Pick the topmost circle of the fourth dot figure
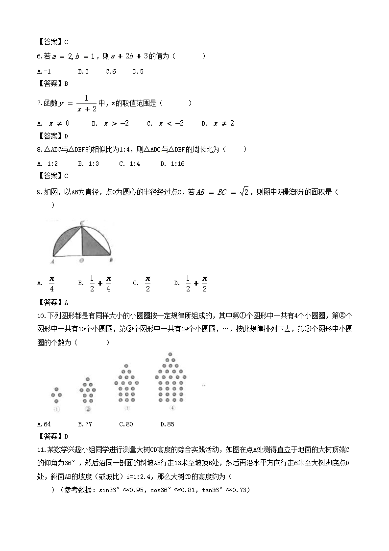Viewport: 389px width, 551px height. click(170, 354)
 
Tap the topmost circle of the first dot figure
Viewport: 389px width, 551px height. click(56, 388)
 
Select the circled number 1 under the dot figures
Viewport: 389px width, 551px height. click(56, 409)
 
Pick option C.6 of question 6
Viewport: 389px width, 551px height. click(111, 71)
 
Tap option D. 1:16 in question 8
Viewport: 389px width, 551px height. click(172, 164)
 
